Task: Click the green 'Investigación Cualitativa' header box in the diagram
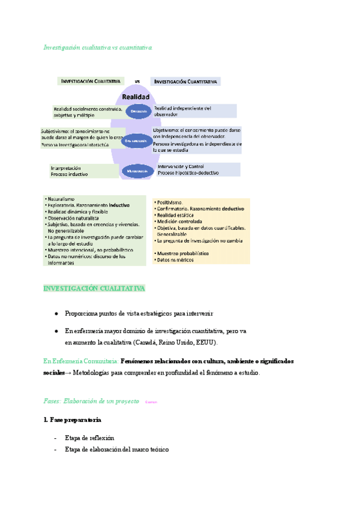90,81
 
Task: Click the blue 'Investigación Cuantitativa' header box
185,81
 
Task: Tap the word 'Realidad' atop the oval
136,96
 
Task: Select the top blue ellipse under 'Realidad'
139,111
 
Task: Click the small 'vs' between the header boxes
137,81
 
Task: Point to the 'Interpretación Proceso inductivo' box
84,171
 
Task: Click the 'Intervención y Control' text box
198,169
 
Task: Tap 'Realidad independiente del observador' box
194,111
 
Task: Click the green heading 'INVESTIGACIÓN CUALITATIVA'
94,288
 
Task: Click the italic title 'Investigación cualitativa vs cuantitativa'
99,47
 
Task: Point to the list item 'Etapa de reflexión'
90,438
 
